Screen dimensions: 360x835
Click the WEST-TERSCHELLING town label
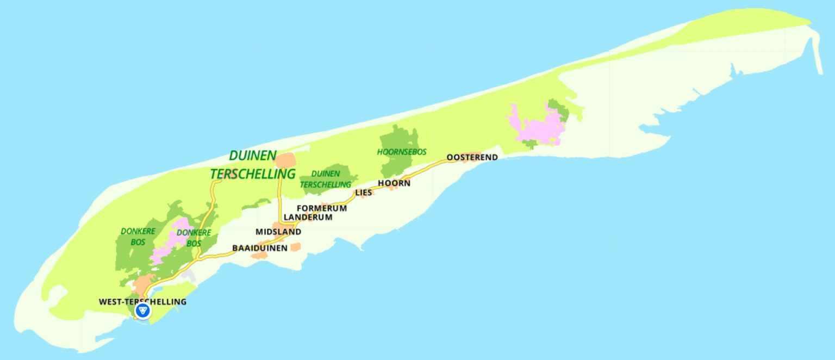tap(142, 302)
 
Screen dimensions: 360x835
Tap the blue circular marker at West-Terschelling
tap(143, 311)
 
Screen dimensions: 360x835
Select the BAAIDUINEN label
tap(260, 248)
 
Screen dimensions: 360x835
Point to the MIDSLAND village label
tap(278, 232)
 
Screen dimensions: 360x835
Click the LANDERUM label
tap(308, 217)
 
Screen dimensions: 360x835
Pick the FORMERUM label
tap(322, 208)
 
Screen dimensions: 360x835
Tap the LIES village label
tap(363, 193)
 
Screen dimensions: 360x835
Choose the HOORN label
tap(394, 183)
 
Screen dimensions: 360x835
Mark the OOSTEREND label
tap(472, 158)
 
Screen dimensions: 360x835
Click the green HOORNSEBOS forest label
tap(402, 152)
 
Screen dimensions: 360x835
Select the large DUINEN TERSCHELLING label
tap(253, 165)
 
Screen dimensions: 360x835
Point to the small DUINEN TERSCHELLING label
tap(326, 179)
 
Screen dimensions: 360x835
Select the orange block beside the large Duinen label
tap(286, 160)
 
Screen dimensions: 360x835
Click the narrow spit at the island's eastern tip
tap(818, 54)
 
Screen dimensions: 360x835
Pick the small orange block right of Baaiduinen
tap(295, 247)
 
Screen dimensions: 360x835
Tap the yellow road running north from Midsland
tap(280, 196)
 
